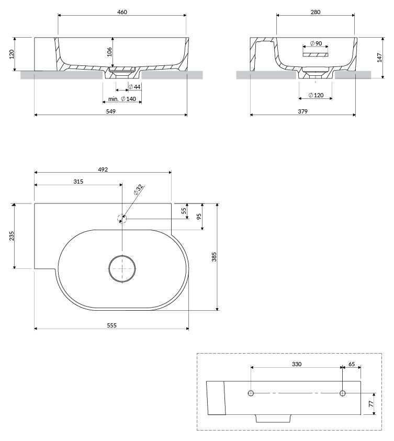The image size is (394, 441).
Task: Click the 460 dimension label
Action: (122, 12)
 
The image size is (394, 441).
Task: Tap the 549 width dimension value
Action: (111, 111)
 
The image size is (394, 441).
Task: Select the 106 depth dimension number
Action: (109, 52)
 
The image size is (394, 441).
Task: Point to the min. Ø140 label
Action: (122, 99)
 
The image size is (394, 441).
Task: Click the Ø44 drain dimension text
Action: (134, 87)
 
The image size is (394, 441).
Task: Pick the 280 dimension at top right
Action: (316, 12)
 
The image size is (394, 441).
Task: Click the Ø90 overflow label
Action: (316, 43)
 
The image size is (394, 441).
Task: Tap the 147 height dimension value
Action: (379, 58)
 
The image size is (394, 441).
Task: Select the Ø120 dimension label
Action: (316, 95)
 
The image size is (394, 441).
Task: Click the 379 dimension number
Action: (302, 111)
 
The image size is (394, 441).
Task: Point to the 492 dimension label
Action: (103, 169)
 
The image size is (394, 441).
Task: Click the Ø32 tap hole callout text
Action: (138, 190)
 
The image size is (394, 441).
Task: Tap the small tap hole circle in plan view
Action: (122, 218)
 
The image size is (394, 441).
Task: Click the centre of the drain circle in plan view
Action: (122, 268)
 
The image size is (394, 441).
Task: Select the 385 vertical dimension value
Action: (214, 257)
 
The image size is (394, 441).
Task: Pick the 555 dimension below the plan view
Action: (111, 325)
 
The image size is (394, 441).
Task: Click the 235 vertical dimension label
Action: (12, 236)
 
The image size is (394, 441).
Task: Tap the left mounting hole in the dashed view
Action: (251, 393)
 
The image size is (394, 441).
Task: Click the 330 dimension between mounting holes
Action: (297, 364)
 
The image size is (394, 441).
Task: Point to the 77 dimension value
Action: (371, 403)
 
